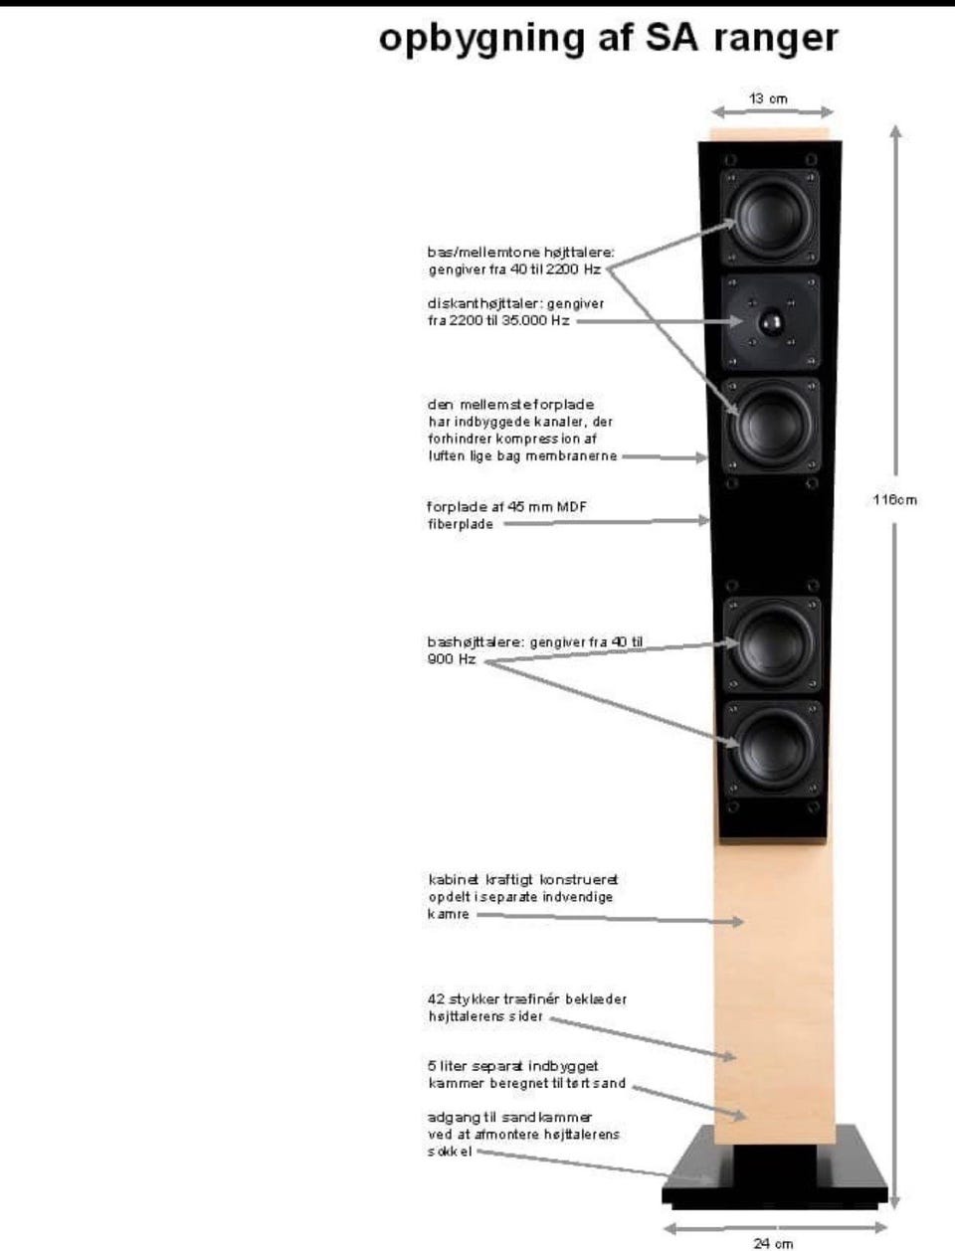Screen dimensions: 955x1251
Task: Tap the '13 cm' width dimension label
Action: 768,98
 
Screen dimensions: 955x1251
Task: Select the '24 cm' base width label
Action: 773,1239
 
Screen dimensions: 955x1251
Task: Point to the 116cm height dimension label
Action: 895,500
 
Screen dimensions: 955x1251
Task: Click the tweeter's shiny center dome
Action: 770,321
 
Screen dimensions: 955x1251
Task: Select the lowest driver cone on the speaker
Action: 773,748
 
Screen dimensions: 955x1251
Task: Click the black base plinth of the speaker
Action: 775,1168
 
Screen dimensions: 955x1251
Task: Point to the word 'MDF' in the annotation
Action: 571,506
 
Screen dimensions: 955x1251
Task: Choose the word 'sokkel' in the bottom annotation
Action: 450,1152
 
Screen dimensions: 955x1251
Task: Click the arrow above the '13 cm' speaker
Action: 773,111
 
